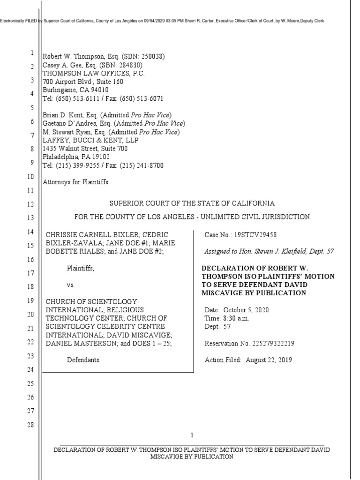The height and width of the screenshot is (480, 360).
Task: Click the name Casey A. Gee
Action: [x=60, y=65]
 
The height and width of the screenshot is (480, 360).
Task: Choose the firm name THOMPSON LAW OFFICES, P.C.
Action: [x=94, y=74]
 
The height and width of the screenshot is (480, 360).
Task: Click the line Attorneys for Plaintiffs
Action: [x=75, y=182]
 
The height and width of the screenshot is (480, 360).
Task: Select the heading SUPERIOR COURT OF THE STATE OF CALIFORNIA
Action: [x=192, y=203]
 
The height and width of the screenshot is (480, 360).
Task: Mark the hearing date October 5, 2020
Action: [x=246, y=310]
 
